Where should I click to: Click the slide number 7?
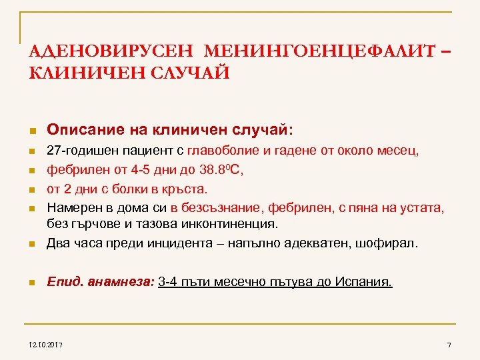(x=449, y=343)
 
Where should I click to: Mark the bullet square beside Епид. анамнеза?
(x=31, y=283)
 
